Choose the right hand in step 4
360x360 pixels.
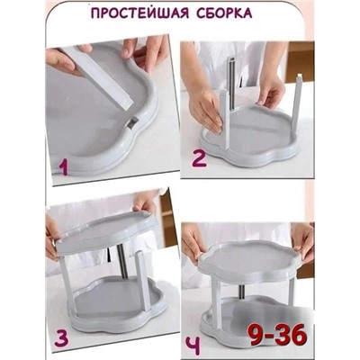pos(302,238)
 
